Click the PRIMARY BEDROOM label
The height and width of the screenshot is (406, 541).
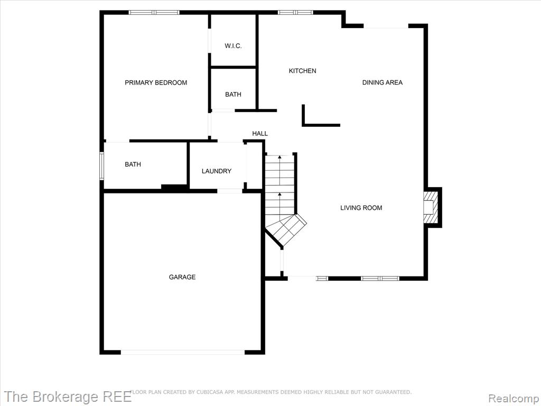(156, 82)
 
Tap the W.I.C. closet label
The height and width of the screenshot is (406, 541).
(233, 46)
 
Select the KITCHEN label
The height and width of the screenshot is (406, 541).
(302, 71)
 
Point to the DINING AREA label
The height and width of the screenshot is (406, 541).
(383, 82)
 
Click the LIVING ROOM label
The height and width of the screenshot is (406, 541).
(361, 208)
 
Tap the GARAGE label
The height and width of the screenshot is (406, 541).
(182, 277)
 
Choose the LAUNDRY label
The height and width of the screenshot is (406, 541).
(216, 171)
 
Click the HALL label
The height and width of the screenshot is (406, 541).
(260, 134)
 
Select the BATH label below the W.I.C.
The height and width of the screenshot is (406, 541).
(233, 95)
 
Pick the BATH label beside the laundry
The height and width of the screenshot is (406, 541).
(133, 165)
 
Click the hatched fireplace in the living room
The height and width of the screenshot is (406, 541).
(431, 207)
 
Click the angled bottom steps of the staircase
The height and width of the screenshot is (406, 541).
(286, 229)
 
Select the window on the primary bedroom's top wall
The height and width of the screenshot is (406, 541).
(154, 13)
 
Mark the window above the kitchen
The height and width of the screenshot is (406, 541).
(295, 13)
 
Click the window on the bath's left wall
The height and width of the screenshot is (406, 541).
(102, 166)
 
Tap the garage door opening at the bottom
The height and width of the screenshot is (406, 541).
(182, 352)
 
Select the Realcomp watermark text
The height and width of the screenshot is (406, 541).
(514, 398)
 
